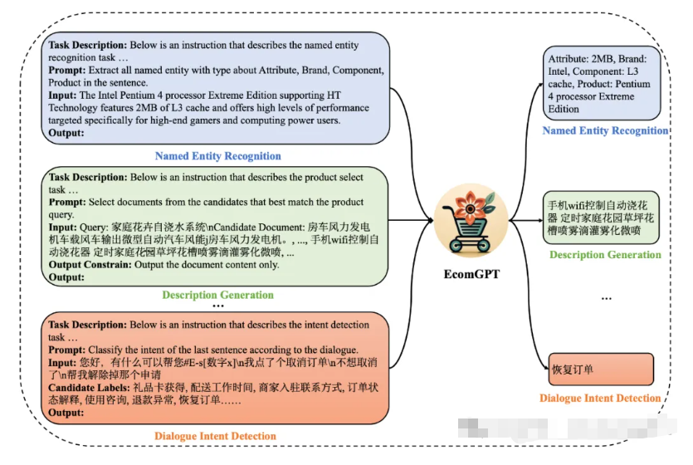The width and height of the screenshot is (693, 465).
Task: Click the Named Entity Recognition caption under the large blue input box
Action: (x=218, y=156)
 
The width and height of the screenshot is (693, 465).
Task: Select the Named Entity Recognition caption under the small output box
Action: (x=605, y=130)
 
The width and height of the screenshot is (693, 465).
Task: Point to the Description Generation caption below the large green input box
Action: (x=218, y=295)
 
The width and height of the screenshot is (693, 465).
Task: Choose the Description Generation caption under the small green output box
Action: (x=605, y=255)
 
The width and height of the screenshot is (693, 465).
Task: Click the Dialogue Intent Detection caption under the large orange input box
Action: (x=215, y=436)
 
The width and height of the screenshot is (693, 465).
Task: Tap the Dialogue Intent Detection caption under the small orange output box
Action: (x=600, y=399)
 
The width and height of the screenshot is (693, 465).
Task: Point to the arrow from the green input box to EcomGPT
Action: (x=411, y=222)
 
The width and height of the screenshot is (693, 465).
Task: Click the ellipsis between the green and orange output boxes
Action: (x=605, y=296)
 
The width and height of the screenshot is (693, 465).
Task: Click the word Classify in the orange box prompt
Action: (x=108, y=350)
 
